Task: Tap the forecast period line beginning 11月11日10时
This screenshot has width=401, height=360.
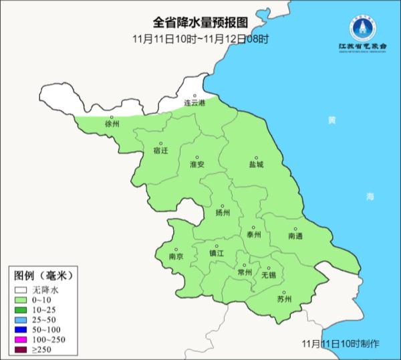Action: (200, 39)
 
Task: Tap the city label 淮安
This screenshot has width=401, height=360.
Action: (196, 164)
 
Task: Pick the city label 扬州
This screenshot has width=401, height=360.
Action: (222, 213)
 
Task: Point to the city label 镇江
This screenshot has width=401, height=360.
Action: (218, 254)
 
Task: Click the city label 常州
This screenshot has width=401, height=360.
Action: (245, 272)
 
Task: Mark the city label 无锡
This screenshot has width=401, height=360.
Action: (268, 274)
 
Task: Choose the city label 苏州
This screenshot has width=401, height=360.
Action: (284, 299)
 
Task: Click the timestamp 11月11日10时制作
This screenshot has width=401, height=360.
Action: (340, 343)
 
